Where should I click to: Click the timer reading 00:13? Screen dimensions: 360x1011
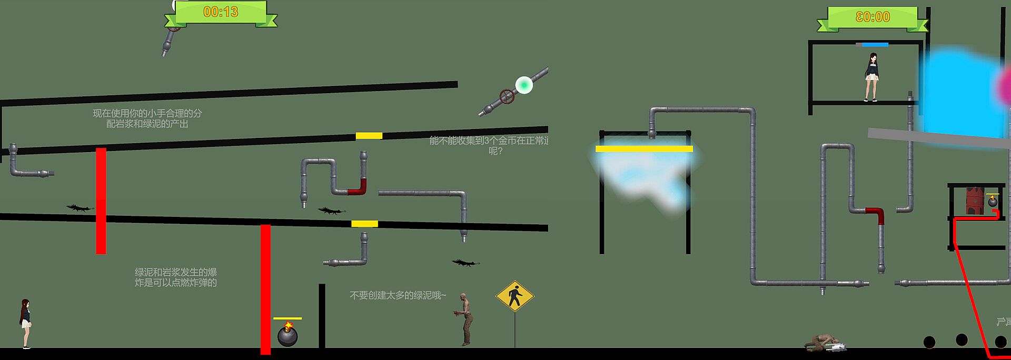[x=221, y=12]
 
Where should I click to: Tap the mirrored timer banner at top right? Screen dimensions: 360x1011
[x=873, y=17]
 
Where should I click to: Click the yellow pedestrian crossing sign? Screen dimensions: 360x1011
[x=514, y=296]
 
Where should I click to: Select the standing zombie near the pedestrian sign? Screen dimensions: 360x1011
[x=464, y=319]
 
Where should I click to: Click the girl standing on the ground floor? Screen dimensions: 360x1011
[x=25, y=323]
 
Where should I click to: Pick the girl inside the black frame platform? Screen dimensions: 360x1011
[x=871, y=76]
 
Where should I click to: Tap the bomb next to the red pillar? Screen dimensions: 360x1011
[x=288, y=335]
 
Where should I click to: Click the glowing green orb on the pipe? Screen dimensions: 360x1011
[x=524, y=85]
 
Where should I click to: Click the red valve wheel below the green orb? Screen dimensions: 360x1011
[x=507, y=96]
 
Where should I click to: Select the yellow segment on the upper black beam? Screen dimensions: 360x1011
[x=369, y=136]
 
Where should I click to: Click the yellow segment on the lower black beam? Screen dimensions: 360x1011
[x=364, y=224]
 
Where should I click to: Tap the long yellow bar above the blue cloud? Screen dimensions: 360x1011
[x=644, y=149]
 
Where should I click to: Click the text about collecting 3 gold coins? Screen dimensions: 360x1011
[x=489, y=146]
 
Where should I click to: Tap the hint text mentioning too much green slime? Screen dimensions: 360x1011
[x=398, y=295]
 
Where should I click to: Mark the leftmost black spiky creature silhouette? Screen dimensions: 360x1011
[x=80, y=208]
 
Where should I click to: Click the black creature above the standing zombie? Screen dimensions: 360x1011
[x=465, y=262]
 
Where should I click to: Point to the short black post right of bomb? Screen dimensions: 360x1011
[x=322, y=316]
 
